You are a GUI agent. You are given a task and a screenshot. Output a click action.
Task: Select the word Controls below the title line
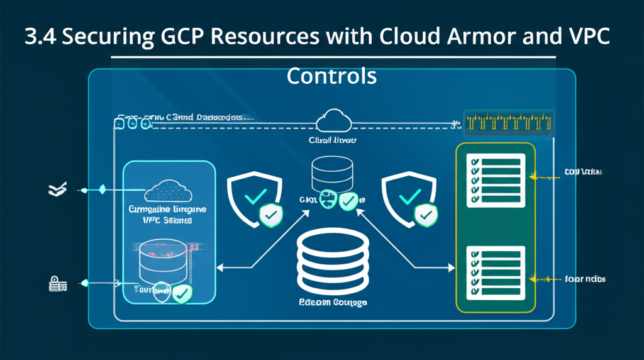(331, 76)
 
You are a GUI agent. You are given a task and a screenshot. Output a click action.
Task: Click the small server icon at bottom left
(57, 284)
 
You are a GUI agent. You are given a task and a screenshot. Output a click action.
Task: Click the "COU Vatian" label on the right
(582, 172)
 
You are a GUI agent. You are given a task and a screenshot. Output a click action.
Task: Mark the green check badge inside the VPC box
(183, 293)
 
